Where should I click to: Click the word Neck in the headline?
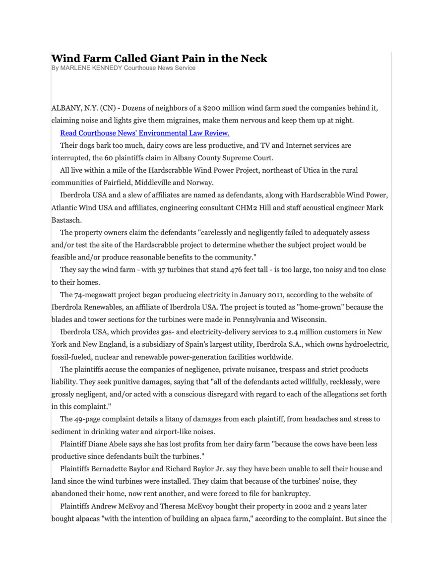pos(253,59)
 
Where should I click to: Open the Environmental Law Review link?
pos(144,133)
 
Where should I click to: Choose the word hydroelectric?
pos(367,345)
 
